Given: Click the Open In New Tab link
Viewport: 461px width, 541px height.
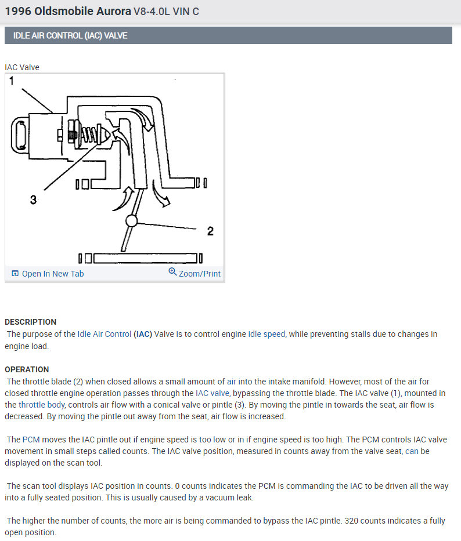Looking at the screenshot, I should click(52, 274).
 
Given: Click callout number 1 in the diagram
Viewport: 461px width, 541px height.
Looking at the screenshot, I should click(12, 82).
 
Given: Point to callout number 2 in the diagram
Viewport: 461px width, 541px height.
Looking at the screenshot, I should click(210, 231).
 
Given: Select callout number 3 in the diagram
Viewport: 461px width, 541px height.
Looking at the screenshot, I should click(33, 200).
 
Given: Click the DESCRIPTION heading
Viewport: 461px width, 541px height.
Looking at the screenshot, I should click(31, 322).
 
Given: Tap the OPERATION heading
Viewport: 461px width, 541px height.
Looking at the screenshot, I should click(27, 369).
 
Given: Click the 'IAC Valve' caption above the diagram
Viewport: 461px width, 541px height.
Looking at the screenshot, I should click(22, 67).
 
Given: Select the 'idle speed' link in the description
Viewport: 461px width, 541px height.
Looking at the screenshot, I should click(266, 334).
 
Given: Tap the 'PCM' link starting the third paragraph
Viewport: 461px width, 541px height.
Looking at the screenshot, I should click(30, 440).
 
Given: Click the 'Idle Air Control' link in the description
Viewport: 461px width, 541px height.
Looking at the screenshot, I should click(104, 334).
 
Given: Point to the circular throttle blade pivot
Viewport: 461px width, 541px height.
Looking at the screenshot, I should click(132, 221).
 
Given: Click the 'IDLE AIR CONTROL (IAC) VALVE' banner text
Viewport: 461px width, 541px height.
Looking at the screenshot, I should click(70, 35).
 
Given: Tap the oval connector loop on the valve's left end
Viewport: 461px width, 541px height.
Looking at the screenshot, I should click(19, 136).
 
